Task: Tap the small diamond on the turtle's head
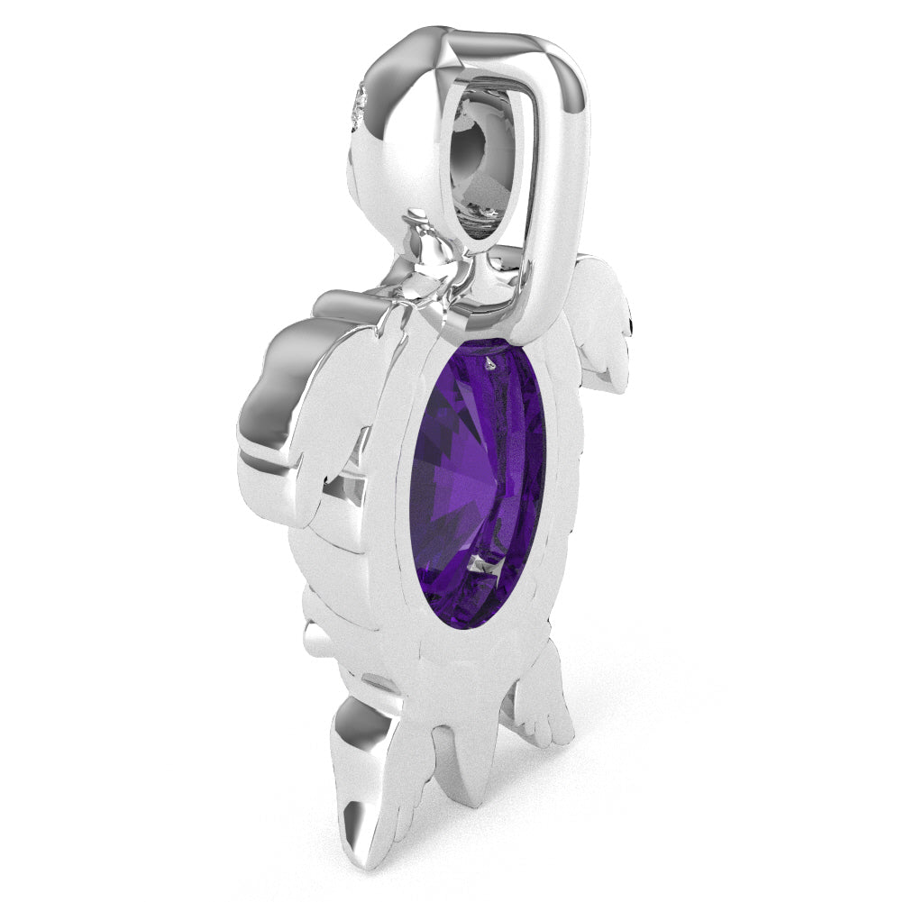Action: (360, 106)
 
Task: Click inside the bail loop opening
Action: (488, 162)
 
